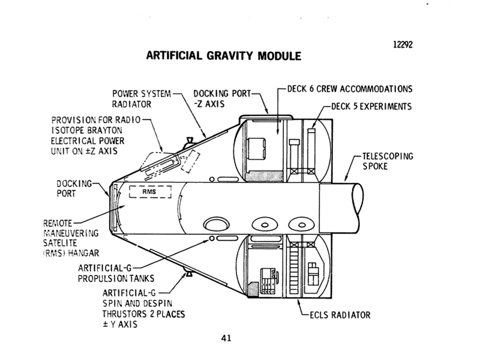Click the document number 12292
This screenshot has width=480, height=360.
(402, 45)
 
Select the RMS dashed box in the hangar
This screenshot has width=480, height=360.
(150, 192)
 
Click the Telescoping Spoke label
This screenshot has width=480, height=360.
(387, 161)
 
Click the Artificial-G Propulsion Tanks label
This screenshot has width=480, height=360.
(115, 273)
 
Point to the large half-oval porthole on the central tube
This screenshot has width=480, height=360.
(217, 223)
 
